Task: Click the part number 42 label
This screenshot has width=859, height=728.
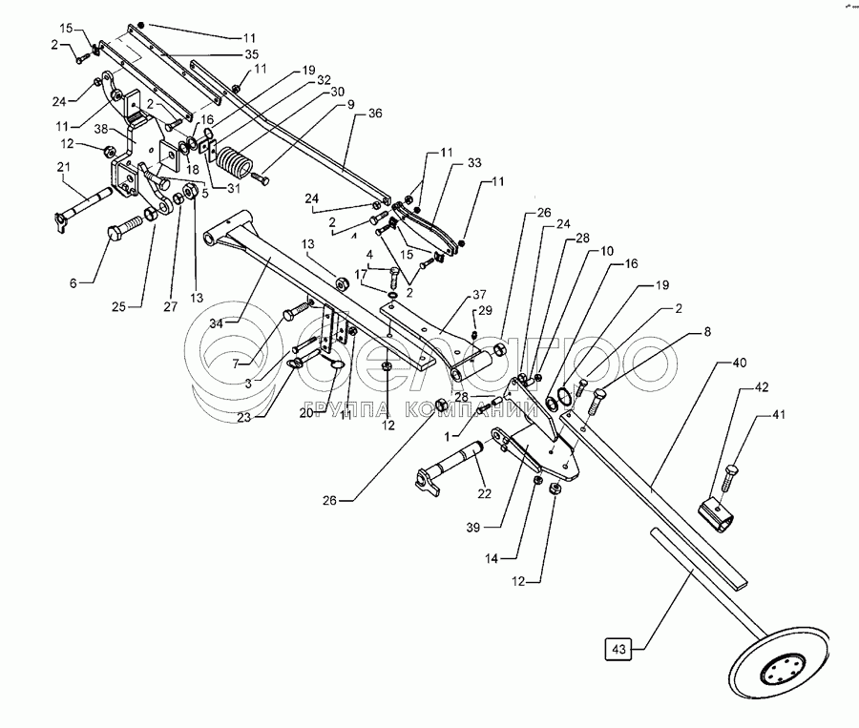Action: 762,388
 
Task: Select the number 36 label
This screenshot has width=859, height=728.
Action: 373,114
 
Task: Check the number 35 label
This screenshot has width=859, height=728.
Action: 251,54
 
